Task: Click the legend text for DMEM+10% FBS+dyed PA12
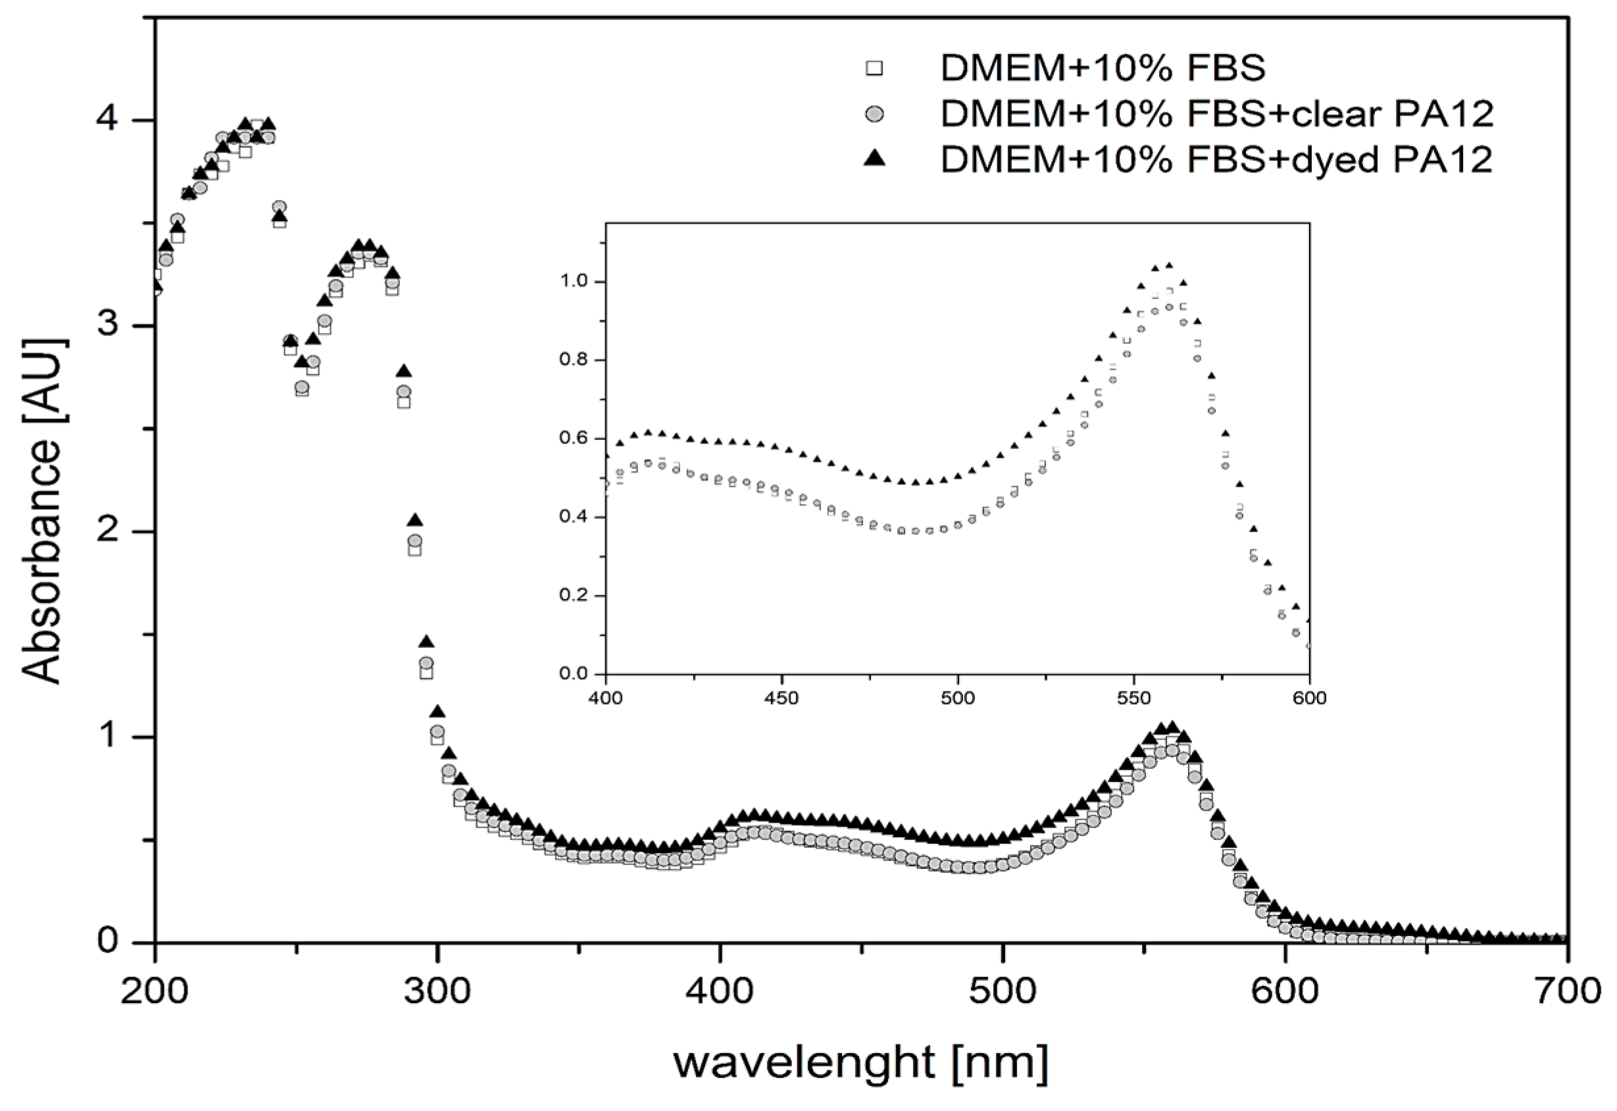click(x=1217, y=160)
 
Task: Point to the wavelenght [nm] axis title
click(x=860, y=1062)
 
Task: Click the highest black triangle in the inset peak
click(x=1169, y=265)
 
